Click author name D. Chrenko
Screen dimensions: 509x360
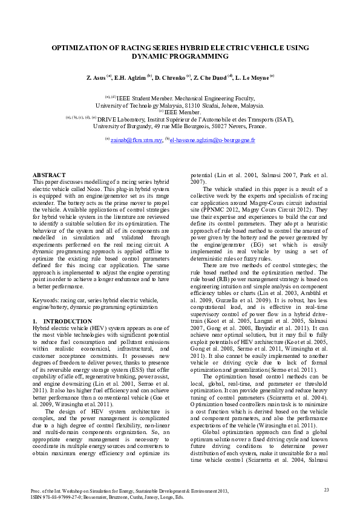click(172, 78)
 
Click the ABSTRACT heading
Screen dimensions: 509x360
click(48, 174)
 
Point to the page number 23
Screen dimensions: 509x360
click(326, 490)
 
